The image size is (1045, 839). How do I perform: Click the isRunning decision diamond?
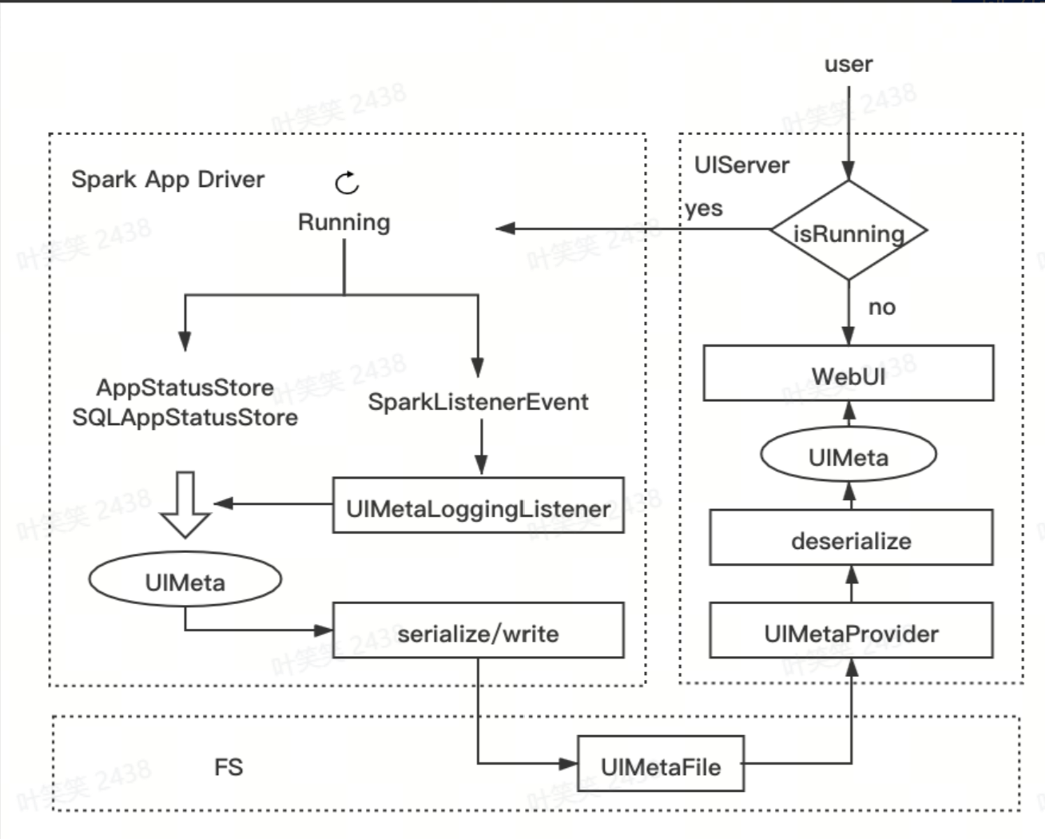click(x=848, y=232)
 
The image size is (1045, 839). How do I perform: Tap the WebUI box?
click(x=848, y=374)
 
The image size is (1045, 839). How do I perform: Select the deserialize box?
click(x=851, y=540)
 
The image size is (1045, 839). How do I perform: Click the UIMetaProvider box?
click(x=851, y=633)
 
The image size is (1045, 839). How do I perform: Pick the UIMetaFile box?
click(x=661, y=765)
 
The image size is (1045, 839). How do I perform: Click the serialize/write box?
click(x=478, y=632)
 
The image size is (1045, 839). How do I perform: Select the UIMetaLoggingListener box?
click(x=478, y=507)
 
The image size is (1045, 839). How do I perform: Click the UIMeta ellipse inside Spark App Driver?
click(x=185, y=582)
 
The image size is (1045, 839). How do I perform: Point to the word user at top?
click(x=848, y=64)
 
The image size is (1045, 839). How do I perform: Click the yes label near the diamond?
click(x=703, y=209)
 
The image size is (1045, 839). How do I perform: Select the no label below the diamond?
click(x=881, y=307)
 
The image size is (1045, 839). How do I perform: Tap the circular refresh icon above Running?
click(x=347, y=183)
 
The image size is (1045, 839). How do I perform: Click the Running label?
click(x=344, y=222)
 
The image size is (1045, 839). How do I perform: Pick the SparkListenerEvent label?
click(x=478, y=401)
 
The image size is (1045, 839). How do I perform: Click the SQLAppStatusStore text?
click(x=185, y=417)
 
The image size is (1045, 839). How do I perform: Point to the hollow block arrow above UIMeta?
click(x=185, y=503)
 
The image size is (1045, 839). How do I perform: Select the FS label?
click(x=228, y=767)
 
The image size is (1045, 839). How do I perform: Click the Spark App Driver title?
click(x=167, y=179)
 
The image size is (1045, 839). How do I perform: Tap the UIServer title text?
click(x=741, y=165)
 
